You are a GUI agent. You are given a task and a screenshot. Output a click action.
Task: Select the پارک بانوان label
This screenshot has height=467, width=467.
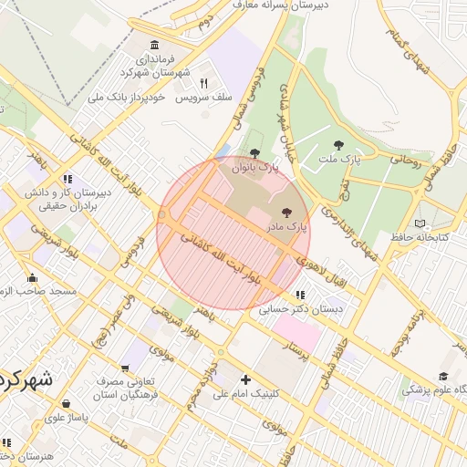pos(254,167)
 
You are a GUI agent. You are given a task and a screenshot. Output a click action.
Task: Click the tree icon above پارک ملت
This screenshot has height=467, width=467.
pos(339,145)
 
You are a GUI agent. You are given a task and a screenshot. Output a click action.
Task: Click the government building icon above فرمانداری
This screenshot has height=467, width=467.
pos(153,46)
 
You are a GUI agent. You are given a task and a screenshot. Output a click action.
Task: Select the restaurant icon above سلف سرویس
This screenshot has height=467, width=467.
pos(204,82)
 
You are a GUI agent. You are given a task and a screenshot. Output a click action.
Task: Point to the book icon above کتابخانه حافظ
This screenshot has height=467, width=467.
pos(420,223)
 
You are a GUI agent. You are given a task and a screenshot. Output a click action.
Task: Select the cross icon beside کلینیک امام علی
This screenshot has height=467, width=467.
pos(244,379)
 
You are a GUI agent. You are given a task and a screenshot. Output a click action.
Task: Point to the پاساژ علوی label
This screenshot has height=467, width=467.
pos(65,417)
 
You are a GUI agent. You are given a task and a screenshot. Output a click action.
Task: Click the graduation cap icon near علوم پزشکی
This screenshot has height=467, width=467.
pos(443,376)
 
